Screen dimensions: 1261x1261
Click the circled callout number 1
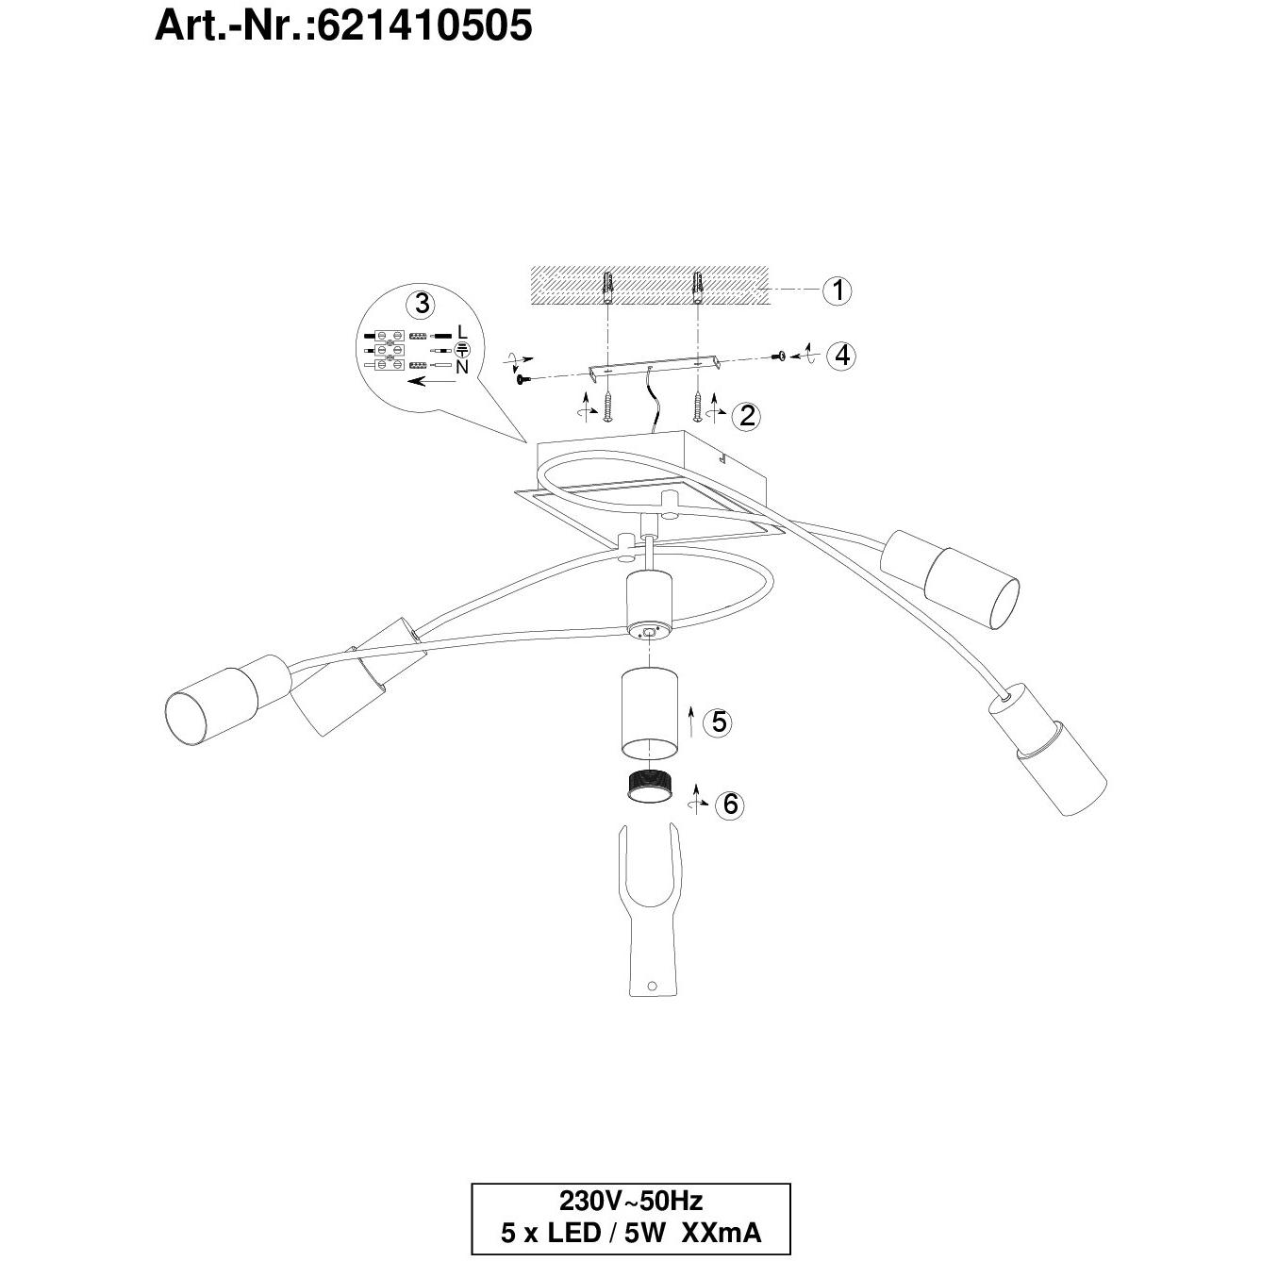coord(838,290)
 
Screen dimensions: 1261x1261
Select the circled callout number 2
coord(747,415)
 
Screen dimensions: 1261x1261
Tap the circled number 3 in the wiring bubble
coord(423,304)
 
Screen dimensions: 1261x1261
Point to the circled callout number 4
coord(841,356)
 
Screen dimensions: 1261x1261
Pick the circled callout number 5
coord(718,722)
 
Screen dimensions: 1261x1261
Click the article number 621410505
coord(424,26)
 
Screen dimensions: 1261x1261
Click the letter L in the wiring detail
coord(463,332)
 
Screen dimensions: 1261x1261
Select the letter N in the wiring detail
coord(462,367)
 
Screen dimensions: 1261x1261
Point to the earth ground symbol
coord(462,350)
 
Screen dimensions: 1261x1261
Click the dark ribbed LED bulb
coord(648,788)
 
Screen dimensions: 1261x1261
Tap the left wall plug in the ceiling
coord(608,287)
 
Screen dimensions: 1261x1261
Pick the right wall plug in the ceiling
coord(699,287)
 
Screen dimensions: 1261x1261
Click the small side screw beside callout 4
coord(779,356)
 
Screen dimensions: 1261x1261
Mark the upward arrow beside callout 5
coord(691,722)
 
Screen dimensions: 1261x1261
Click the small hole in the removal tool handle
coord(651,1004)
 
